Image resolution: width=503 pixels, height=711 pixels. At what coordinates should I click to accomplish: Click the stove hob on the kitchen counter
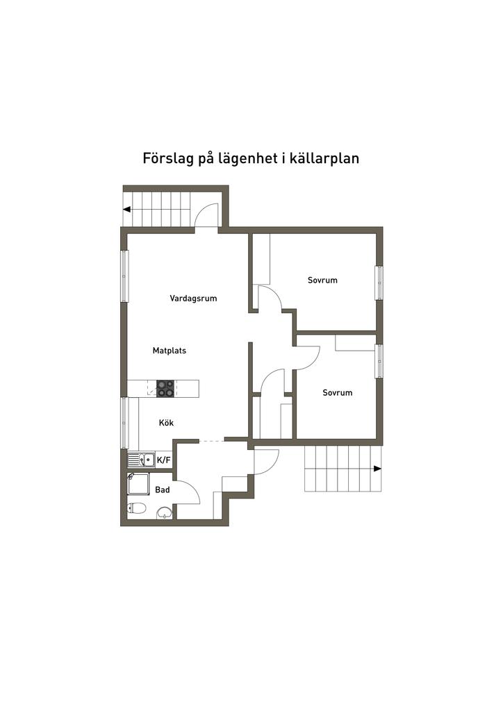click(165, 388)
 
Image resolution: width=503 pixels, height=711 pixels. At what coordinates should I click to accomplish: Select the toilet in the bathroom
click(137, 508)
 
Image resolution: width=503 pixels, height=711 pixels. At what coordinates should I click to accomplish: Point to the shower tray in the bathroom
click(138, 484)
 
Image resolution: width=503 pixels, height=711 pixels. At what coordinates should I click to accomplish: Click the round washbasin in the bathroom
click(165, 513)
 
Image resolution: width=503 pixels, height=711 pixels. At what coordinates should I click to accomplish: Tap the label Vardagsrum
click(193, 299)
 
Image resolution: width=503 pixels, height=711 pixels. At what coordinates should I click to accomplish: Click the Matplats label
click(170, 351)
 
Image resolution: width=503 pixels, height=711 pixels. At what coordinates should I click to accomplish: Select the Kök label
click(166, 422)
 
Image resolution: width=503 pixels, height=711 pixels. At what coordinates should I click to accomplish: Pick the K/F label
click(164, 460)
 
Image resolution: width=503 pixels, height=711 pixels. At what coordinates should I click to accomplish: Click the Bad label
click(163, 490)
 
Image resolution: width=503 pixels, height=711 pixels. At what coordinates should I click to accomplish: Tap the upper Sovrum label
click(322, 281)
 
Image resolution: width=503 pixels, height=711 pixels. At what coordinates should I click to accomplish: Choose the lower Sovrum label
click(337, 392)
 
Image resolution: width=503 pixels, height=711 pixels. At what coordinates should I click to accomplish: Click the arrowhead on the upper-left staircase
click(128, 209)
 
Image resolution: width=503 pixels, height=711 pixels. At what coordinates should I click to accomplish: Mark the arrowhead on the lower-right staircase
click(377, 469)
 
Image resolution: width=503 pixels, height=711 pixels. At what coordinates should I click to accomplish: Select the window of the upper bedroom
click(379, 283)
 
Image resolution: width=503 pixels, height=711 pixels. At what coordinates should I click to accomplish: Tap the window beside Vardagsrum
click(124, 276)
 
